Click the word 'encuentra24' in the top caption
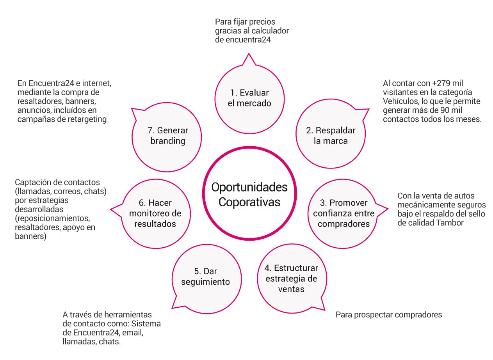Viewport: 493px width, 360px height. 248,40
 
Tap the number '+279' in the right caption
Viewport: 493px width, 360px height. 440,83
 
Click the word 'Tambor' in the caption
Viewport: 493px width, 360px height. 450,223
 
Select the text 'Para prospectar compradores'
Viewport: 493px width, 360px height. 389,315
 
